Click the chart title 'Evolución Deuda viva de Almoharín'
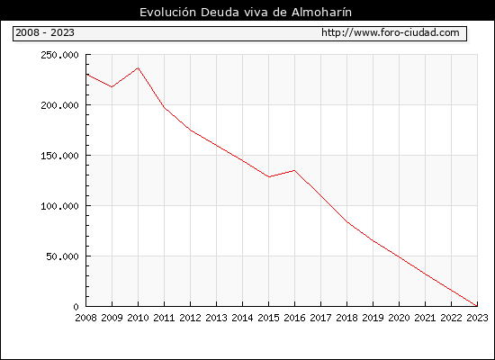246,13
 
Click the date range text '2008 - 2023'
45,32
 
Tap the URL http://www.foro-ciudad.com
391,32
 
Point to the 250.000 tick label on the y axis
59,55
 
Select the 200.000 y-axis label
59,105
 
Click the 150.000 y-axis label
59,156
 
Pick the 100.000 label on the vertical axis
59,206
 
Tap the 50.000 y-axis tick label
62,256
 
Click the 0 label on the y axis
76,307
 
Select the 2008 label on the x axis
85,318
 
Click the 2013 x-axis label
216,318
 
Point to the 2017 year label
320,318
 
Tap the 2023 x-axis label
477,318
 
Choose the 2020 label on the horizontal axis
399,318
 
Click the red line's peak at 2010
139,67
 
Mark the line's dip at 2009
112,86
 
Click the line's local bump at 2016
294,170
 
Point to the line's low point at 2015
269,176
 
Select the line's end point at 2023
477,306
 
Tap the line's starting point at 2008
86,74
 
